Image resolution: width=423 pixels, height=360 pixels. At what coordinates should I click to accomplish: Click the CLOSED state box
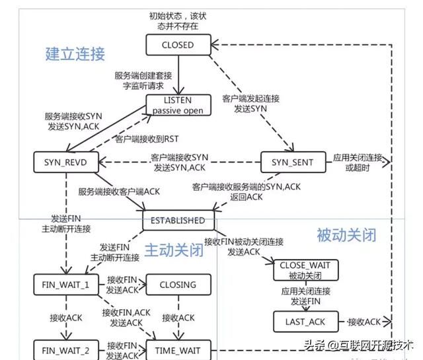(x=178, y=46)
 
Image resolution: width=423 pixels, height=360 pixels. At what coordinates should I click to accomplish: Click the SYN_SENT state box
(x=293, y=162)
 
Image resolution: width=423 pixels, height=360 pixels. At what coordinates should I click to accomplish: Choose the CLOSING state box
(x=178, y=285)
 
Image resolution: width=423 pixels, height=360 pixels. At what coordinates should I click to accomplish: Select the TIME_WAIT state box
(x=178, y=347)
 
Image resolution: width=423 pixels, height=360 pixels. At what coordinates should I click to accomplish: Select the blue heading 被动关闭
(x=346, y=234)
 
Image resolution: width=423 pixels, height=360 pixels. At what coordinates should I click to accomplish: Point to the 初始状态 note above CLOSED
(x=178, y=20)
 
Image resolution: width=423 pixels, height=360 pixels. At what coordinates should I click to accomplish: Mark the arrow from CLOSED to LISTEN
(x=178, y=74)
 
